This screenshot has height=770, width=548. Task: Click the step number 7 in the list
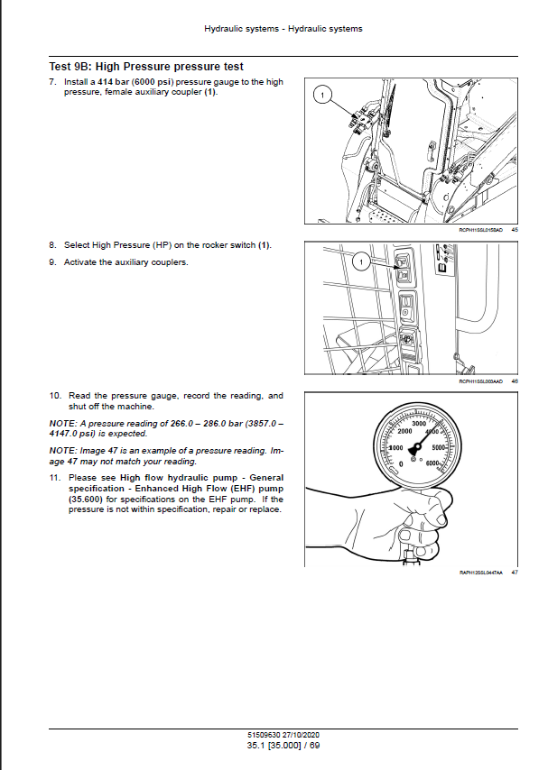pyautogui.click(x=52, y=82)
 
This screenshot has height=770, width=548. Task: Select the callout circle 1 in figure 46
pyautogui.click(x=359, y=262)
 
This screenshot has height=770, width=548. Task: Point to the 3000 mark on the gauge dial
pyautogui.click(x=418, y=423)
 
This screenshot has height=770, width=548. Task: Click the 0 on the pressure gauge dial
pyautogui.click(x=400, y=463)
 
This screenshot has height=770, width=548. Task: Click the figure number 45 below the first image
pyautogui.click(x=514, y=231)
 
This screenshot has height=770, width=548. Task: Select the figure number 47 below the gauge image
pyautogui.click(x=514, y=573)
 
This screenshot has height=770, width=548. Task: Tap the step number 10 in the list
pyautogui.click(x=54, y=396)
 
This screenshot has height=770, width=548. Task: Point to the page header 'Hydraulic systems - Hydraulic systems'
pyautogui.click(x=283, y=29)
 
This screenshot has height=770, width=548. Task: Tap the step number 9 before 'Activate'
pyautogui.click(x=52, y=261)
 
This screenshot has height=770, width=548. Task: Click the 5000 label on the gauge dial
pyautogui.click(x=441, y=447)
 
